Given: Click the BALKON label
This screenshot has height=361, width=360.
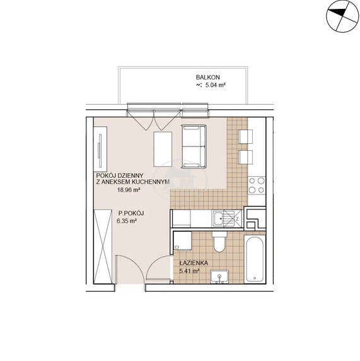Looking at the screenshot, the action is point(207,78).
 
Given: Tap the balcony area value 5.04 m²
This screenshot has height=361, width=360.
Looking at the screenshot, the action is point(215,85).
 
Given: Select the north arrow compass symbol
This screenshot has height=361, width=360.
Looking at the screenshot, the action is point(342,16).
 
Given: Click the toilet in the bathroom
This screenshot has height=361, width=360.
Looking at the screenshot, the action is point(219,242).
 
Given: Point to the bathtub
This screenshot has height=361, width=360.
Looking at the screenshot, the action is point(255,259).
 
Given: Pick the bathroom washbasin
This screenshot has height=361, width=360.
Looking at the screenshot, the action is point(219,276).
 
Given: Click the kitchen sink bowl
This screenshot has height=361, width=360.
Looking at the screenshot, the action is point(218,218).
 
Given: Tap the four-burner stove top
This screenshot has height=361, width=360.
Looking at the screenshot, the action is point(257,186).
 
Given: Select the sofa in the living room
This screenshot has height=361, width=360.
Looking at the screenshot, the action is point(194,146).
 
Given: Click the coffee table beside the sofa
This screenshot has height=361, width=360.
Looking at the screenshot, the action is point(163,149).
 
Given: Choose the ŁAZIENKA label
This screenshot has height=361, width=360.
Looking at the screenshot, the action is point(194,263).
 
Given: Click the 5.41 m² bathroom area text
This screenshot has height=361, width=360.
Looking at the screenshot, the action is point(189,271).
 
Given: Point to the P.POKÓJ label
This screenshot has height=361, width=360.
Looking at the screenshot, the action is point(131,213).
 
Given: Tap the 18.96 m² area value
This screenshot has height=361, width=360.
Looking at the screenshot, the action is point(129,190).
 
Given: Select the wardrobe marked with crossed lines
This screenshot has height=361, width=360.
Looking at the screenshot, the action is point(103,247).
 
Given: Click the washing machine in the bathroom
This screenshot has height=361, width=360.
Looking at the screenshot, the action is point(182,241).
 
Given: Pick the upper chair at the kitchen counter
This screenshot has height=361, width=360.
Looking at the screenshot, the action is point(246,136).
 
